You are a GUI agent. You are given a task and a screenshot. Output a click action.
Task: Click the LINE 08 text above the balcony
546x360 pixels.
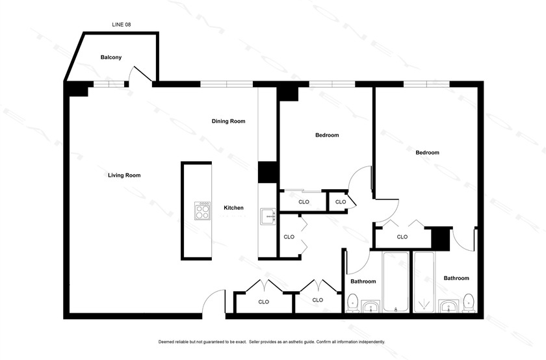point(122,24)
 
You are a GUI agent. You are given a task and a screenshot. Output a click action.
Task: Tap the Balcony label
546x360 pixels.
point(110,58)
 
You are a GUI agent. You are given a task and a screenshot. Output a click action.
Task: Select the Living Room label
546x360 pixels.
point(124,175)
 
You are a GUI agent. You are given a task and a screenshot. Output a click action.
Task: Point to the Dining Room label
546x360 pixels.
point(228,122)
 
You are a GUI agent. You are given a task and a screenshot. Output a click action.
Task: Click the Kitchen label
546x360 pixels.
point(233,208)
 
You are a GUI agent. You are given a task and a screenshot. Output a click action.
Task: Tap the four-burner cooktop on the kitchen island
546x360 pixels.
point(203,211)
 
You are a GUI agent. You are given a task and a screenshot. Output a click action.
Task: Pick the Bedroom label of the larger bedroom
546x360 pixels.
point(427,153)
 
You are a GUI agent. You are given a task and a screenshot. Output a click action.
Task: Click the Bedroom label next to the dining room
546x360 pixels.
point(327,135)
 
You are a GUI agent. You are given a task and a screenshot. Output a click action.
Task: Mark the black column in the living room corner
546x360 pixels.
point(77,90)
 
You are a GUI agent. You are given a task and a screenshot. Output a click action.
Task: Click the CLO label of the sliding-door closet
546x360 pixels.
point(304,202)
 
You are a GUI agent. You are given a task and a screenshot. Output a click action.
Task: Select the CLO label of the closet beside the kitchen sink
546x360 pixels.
point(289,237)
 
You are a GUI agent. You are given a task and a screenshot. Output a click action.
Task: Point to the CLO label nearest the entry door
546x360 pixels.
point(263,302)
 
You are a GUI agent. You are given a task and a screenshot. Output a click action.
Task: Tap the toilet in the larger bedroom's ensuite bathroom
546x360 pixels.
point(468,302)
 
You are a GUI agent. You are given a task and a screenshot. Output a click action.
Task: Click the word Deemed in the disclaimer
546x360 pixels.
point(167,342)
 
